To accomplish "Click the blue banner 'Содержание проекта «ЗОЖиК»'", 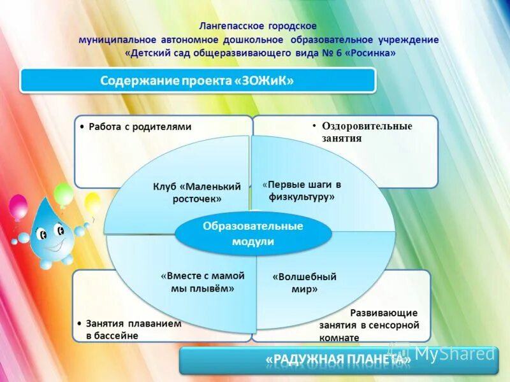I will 198,81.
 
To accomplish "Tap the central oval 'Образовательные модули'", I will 253,234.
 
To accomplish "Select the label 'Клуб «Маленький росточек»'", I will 196,192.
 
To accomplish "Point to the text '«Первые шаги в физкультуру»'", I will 302,190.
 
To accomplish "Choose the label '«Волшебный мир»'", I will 304,283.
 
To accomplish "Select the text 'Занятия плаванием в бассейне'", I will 133,329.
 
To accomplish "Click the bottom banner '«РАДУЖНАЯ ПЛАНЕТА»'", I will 338,361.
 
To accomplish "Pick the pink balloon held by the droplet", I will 18,208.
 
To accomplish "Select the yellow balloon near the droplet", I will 92,203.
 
